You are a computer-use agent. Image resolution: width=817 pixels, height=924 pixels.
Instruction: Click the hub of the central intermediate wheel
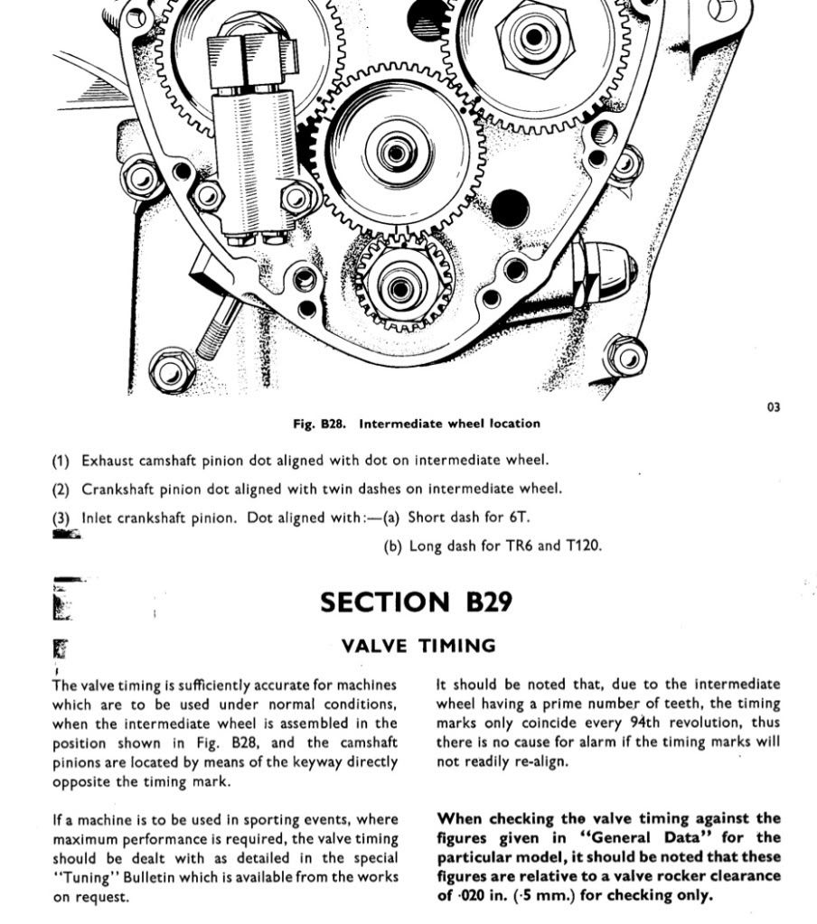pyautogui.click(x=395, y=152)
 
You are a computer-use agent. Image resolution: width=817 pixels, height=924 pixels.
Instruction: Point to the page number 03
pyautogui.click(x=774, y=407)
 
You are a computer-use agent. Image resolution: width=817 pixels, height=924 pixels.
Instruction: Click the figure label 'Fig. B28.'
pyautogui.click(x=322, y=424)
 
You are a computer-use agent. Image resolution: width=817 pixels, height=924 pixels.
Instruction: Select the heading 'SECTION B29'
pyautogui.click(x=416, y=602)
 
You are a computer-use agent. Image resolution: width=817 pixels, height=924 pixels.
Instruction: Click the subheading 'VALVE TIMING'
pyautogui.click(x=418, y=646)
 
